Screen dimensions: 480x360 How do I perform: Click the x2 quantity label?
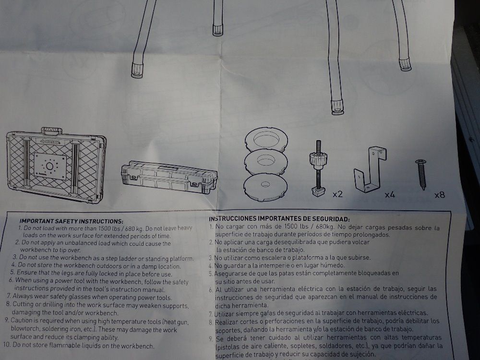[x=337, y=194]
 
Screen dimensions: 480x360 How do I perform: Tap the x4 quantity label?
[x=390, y=195]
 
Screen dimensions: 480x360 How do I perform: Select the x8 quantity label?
[x=440, y=195]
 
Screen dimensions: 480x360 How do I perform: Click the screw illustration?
[x=422, y=175]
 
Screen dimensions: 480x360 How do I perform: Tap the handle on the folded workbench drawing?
[x=51, y=131]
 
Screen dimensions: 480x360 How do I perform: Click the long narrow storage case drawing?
[x=169, y=177]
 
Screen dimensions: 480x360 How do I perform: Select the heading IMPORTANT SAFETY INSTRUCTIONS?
[x=72, y=221]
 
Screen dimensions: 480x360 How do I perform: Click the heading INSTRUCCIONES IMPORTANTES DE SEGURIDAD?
[x=279, y=218]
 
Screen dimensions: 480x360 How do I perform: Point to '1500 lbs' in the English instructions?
[x=110, y=228]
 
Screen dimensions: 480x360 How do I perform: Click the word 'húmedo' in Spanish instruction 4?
[x=334, y=265]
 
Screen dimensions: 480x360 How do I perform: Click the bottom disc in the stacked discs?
[x=265, y=187]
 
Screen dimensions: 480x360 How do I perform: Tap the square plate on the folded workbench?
[x=50, y=166]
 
